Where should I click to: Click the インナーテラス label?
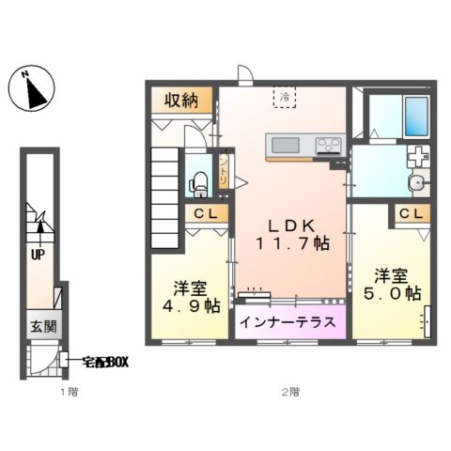coord(287,322)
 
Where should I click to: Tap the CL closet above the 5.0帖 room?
coord(409,214)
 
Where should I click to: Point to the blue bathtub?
coord(414,117)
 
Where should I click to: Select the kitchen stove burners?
coord(328,145)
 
